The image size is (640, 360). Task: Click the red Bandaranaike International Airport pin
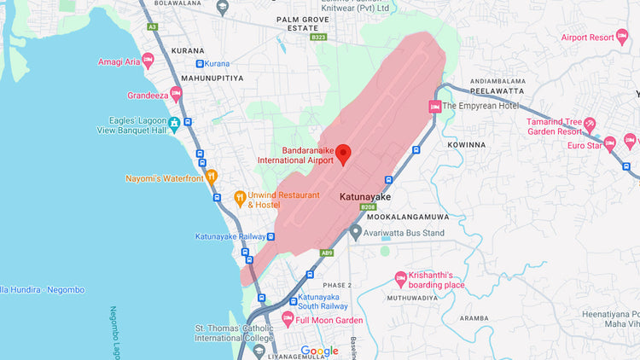(x=344, y=154)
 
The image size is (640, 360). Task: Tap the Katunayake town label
(x=364, y=197)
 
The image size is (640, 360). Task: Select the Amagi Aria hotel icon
(x=148, y=60)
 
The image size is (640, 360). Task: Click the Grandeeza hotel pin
(x=176, y=93)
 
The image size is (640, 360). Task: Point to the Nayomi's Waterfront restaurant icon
(x=212, y=177)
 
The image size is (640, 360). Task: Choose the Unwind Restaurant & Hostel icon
(x=240, y=197)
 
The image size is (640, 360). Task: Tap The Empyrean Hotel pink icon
(x=435, y=107)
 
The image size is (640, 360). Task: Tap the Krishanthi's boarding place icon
(x=401, y=278)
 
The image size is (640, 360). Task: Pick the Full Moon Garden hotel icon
(x=288, y=320)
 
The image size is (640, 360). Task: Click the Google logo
(x=319, y=351)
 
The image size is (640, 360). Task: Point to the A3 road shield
(x=153, y=27)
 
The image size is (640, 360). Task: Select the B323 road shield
(x=318, y=38)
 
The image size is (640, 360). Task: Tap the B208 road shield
(x=368, y=207)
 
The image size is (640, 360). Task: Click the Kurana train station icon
(x=200, y=64)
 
